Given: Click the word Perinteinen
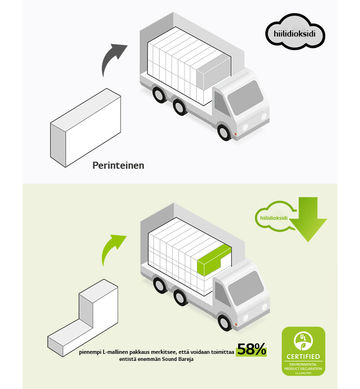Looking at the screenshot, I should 118,165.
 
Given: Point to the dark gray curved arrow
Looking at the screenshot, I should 112,59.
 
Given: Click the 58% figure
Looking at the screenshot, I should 251,349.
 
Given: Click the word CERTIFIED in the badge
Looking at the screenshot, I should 303,357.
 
